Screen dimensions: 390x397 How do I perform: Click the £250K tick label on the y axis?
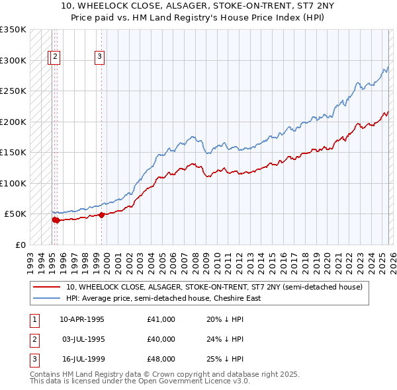click(x=13, y=91)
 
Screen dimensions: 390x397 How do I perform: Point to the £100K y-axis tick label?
click(x=13, y=183)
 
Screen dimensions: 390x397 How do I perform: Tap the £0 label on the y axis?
click(x=20, y=245)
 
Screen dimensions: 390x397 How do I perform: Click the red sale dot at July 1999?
click(x=101, y=215)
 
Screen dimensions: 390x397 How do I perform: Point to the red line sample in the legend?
click(x=46, y=288)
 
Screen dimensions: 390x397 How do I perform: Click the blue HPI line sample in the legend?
click(x=46, y=298)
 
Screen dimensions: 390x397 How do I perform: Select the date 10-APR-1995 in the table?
click(x=81, y=319)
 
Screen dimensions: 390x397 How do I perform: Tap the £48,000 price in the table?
click(x=161, y=359)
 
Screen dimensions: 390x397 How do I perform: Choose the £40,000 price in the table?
click(x=161, y=339)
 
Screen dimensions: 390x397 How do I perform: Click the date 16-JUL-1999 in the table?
click(x=81, y=359)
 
